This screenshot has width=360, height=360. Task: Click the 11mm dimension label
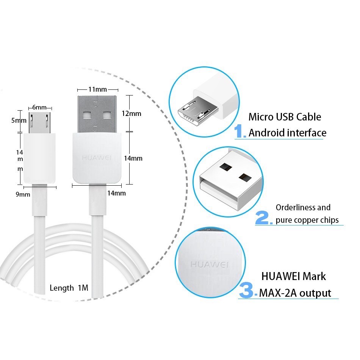97,89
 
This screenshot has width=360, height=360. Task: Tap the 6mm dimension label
39,107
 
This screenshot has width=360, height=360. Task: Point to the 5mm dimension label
19,121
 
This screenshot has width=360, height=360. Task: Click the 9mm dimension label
23,194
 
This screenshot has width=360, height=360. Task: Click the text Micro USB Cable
285,117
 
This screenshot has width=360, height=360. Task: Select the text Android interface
287,133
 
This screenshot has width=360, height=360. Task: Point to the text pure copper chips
307,220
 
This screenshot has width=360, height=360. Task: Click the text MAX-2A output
295,293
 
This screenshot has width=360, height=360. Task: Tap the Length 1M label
69,288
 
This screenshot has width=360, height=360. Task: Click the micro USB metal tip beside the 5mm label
40,122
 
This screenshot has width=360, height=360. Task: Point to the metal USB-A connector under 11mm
97,114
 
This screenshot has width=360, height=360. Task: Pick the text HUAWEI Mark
294,276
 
